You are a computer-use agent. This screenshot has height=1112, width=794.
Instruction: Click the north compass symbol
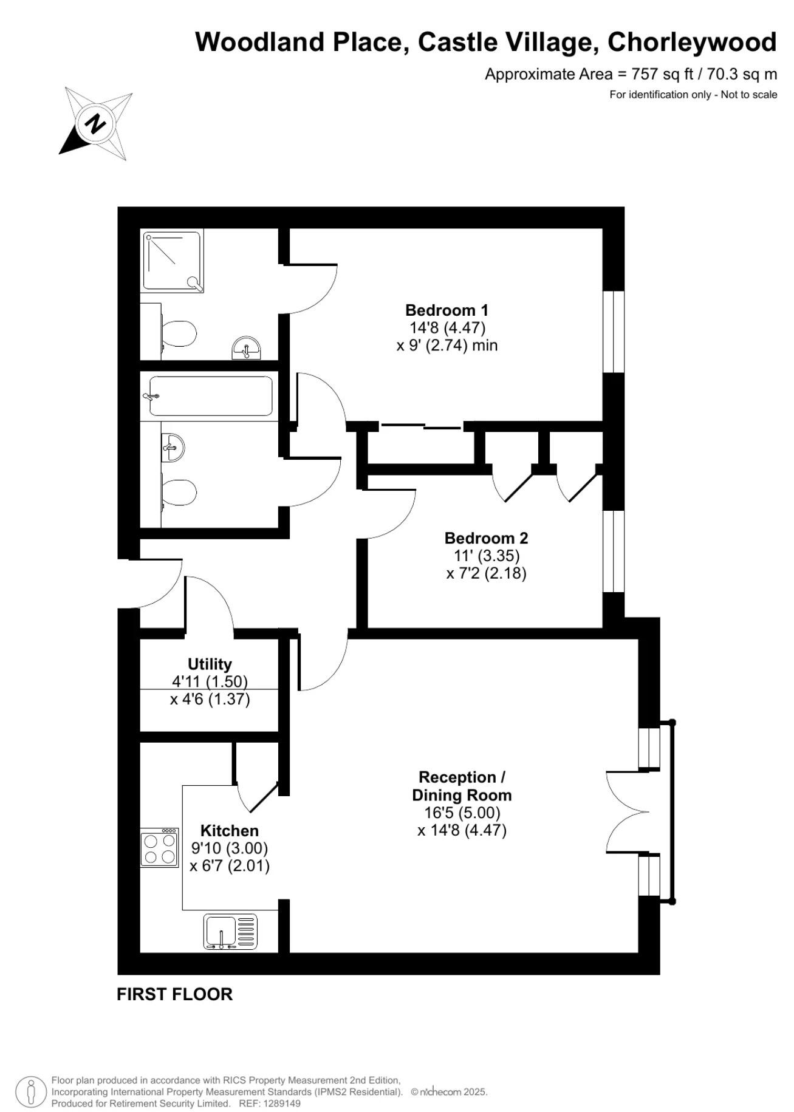click(95, 124)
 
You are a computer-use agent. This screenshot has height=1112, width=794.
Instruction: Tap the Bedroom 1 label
click(447, 310)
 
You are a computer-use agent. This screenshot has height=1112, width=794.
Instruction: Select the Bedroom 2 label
click(486, 538)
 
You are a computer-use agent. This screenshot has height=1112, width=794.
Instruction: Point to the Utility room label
click(210, 664)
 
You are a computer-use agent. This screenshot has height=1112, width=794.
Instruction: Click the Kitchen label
click(230, 831)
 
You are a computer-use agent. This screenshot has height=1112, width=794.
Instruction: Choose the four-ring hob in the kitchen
click(159, 848)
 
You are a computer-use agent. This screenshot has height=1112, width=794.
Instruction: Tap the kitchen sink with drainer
click(230, 932)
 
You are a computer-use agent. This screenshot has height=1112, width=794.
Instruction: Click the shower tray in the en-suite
click(173, 261)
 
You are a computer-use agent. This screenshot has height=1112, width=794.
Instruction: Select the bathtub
click(211, 397)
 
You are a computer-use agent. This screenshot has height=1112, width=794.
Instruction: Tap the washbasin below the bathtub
click(174, 448)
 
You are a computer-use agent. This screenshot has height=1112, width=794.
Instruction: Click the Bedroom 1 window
click(614, 332)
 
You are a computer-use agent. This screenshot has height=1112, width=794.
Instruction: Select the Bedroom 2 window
click(614, 551)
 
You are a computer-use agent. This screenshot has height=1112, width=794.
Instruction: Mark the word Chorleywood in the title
click(692, 42)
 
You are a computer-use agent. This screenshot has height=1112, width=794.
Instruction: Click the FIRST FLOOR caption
click(174, 994)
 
